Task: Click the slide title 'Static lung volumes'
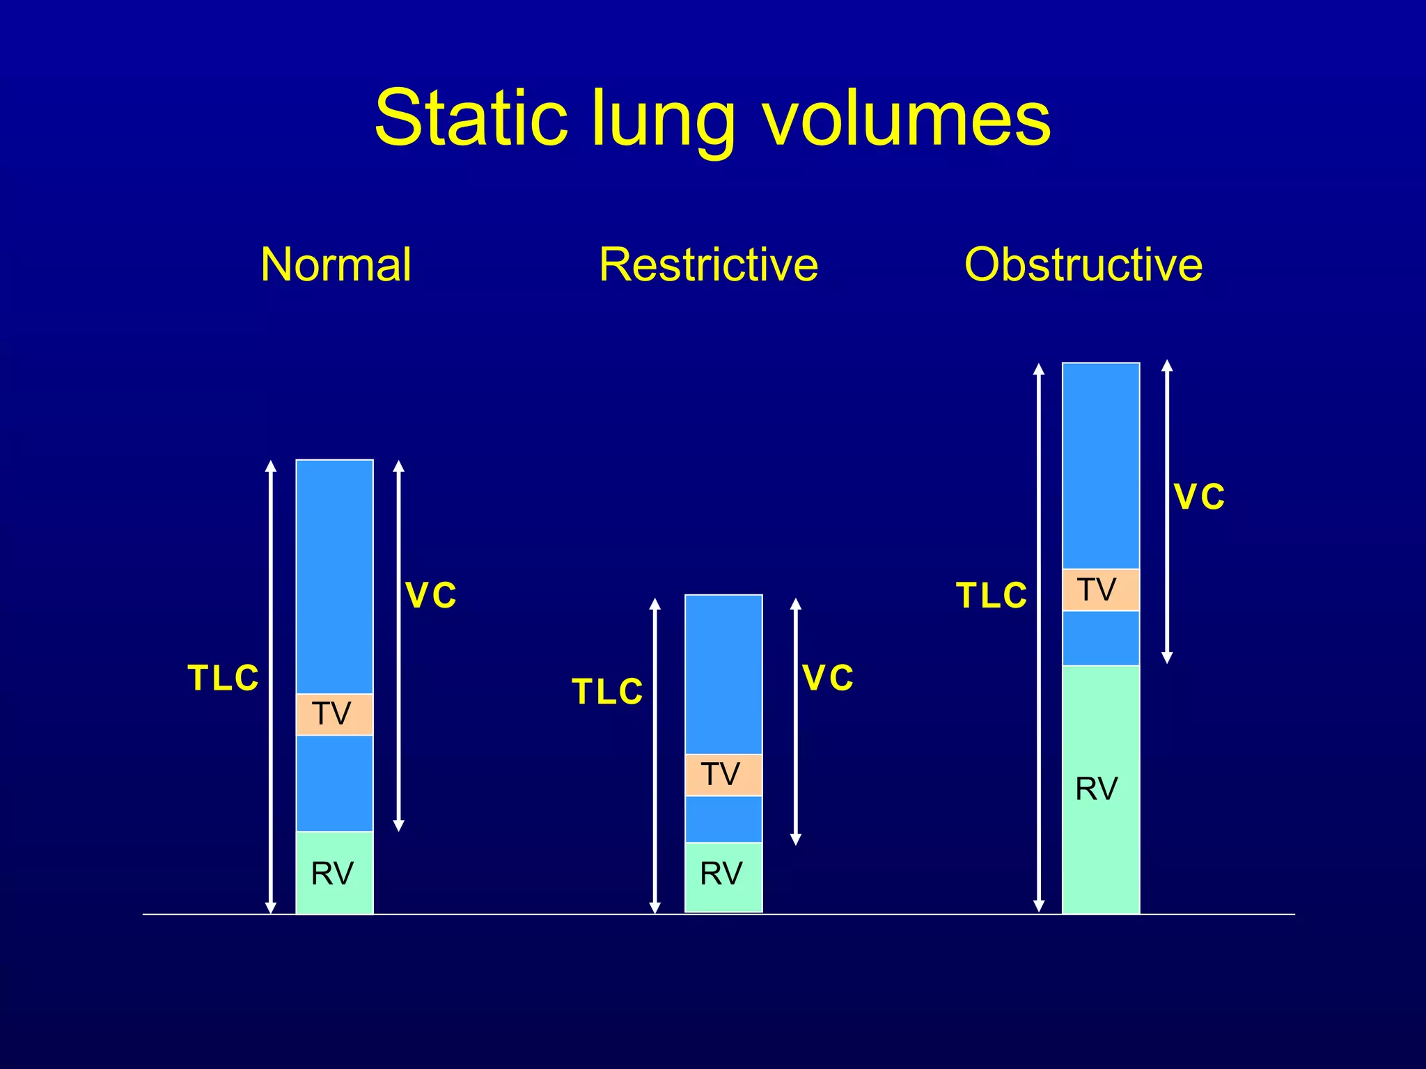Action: pyautogui.click(x=712, y=118)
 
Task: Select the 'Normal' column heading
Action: pyautogui.click(x=336, y=264)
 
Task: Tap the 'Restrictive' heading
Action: pyautogui.click(x=708, y=264)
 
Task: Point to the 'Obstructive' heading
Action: pyautogui.click(x=1083, y=264)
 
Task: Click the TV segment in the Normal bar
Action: pyautogui.click(x=334, y=714)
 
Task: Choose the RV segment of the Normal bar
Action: pyautogui.click(x=334, y=873)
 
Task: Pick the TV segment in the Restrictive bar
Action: pyautogui.click(x=723, y=775)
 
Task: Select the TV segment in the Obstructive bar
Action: pyautogui.click(x=1101, y=590)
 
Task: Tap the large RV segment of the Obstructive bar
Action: pyautogui.click(x=1101, y=789)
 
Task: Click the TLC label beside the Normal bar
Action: pyautogui.click(x=223, y=678)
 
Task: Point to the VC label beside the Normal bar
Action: pyautogui.click(x=431, y=596)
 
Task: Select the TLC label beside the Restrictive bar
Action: pyautogui.click(x=607, y=692)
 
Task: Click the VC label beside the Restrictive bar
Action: pyautogui.click(x=828, y=678)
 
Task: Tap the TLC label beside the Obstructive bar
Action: pyautogui.click(x=992, y=596)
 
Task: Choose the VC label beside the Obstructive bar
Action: pyautogui.click(x=1199, y=497)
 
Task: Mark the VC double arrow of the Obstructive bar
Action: pyautogui.click(x=1168, y=512)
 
